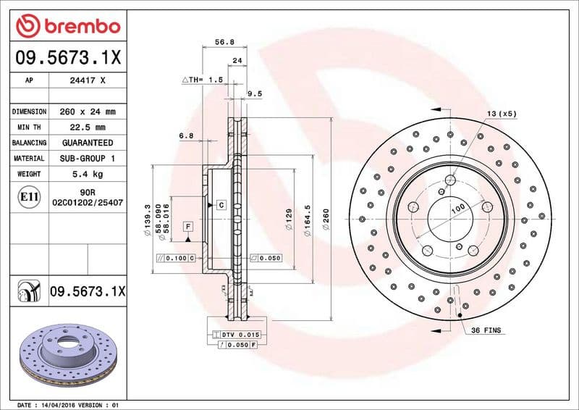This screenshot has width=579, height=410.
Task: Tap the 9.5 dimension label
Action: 254,93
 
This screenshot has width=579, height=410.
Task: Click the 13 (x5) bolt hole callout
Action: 502,114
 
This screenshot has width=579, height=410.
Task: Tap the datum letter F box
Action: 188,227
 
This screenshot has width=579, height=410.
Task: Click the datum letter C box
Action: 221,206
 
